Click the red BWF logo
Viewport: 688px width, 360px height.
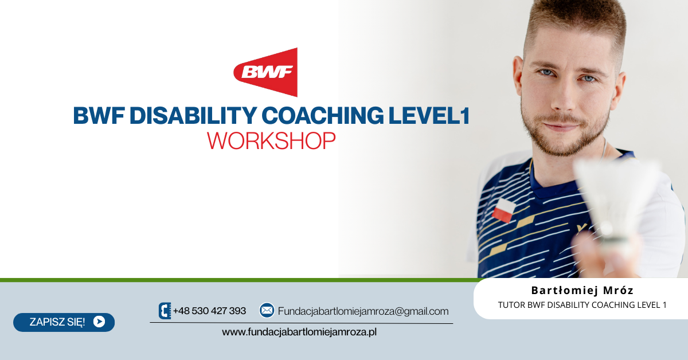click(266, 72)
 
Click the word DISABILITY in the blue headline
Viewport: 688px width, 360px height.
click(193, 115)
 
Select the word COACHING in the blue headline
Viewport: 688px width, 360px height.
click(323, 115)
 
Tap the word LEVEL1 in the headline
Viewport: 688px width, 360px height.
click(429, 115)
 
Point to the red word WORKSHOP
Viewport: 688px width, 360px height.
click(271, 141)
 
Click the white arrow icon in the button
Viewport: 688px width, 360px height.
click(99, 322)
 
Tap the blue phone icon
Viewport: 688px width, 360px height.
click(165, 311)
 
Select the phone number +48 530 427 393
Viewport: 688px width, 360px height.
click(209, 311)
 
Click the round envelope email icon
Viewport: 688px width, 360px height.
click(267, 310)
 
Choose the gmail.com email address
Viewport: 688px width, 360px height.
click(363, 311)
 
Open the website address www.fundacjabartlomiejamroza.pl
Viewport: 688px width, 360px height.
click(299, 332)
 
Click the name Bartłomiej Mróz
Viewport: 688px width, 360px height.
click(583, 290)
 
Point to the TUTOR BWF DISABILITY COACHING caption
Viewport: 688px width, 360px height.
click(583, 305)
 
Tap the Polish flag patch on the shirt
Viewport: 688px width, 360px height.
click(504, 210)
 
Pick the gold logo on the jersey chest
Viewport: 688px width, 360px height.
click(581, 228)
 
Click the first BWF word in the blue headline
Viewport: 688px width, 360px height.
click(99, 115)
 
